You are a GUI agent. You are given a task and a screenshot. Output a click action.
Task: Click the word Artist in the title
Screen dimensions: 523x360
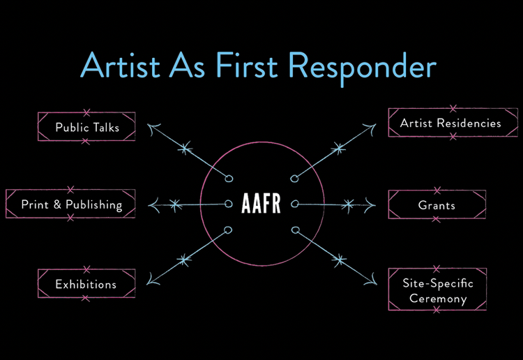tap(120, 65)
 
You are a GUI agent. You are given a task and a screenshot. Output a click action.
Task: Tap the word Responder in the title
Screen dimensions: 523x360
tap(363, 68)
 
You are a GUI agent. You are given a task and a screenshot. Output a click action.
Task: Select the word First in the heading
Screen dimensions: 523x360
tap(246, 65)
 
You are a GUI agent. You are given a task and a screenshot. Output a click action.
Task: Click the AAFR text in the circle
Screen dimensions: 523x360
tap(261, 203)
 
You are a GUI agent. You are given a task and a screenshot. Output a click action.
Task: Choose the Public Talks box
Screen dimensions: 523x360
tap(86, 127)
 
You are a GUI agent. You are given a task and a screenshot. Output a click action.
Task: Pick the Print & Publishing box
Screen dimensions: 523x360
tap(70, 204)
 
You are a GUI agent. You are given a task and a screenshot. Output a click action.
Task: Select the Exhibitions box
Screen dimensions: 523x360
tap(86, 283)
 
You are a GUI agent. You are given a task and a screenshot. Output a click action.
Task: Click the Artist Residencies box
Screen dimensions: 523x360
tap(453, 123)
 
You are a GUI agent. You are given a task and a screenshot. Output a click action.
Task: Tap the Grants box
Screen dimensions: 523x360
tap(437, 204)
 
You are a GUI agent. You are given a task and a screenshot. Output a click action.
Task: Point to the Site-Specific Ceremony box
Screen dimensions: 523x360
tap(437, 290)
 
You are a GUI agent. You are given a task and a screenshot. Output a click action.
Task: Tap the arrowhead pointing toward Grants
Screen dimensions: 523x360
tap(370, 205)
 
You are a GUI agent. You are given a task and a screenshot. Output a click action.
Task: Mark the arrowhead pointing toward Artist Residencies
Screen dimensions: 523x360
tap(370, 128)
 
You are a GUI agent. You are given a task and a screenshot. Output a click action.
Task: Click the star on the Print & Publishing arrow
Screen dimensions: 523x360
tap(175, 205)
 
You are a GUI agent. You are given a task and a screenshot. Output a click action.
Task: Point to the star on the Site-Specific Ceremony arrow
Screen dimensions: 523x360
tap(340, 260)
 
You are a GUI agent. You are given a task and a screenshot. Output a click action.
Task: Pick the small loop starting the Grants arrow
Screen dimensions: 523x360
tap(294, 204)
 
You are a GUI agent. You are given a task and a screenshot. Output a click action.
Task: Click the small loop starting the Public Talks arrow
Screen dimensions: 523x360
tap(229, 179)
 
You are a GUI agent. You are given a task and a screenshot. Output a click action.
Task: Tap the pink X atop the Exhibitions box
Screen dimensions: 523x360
tap(86, 269)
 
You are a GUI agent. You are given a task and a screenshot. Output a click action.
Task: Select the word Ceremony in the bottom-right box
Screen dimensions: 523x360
tap(438, 299)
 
